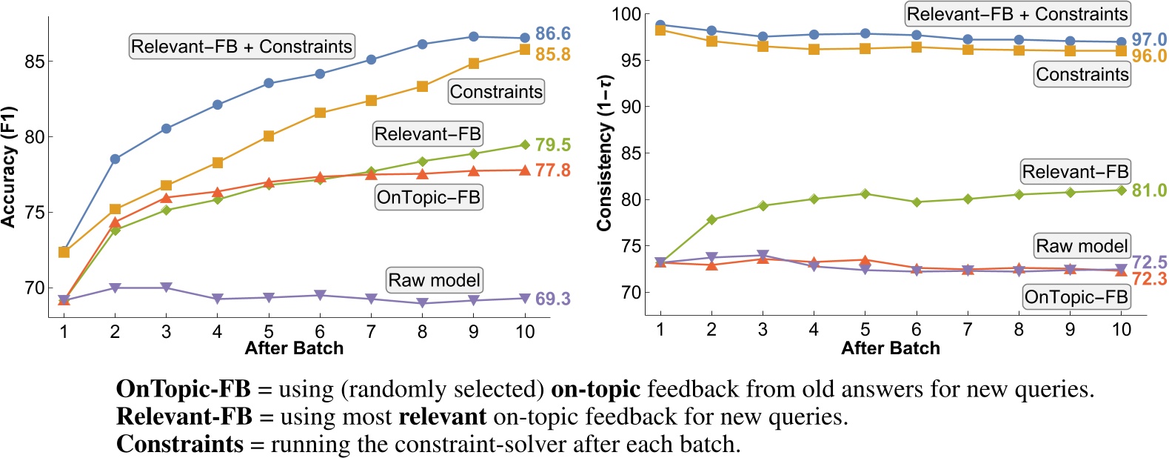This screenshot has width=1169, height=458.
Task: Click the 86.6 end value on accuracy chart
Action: [552, 33]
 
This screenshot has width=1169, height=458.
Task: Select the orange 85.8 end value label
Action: [552, 54]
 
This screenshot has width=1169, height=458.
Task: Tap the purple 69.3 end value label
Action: [552, 299]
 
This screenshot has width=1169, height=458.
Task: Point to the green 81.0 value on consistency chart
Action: [1149, 190]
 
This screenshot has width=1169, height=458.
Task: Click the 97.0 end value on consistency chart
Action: [1149, 39]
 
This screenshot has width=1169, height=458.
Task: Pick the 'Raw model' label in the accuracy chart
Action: [435, 280]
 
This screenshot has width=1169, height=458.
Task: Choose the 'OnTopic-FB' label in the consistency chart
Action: [1076, 297]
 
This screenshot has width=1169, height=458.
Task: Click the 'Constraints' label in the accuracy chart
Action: [496, 92]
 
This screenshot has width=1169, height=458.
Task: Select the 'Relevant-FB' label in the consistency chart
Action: [1075, 172]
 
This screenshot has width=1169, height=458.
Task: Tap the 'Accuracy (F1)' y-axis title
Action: [9, 166]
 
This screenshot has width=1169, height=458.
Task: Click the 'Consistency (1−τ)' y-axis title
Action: [605, 153]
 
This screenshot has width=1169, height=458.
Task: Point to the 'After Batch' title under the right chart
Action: [890, 348]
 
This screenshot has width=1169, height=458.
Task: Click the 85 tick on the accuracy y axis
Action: [34, 62]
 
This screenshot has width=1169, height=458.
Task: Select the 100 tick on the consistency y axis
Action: [626, 14]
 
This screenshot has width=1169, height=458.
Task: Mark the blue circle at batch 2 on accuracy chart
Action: [115, 159]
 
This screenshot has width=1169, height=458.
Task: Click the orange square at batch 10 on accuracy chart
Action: [524, 50]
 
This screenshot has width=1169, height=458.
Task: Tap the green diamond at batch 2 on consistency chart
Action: [711, 219]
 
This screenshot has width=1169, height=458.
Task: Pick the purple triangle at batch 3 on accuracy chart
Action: [166, 288]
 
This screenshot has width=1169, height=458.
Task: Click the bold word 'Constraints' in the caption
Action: [180, 444]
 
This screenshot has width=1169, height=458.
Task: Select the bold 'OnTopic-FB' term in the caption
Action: [184, 389]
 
